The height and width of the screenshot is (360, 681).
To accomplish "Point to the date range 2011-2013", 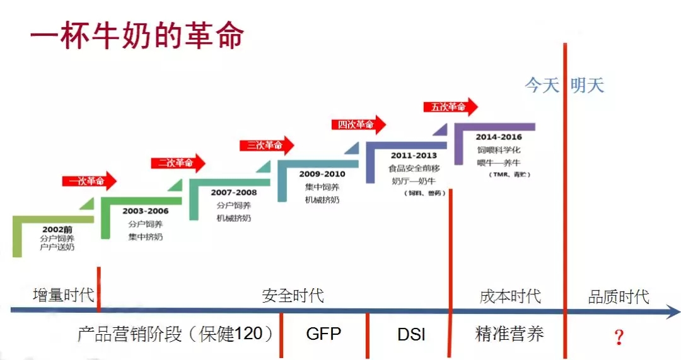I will pyautogui.click(x=413, y=154).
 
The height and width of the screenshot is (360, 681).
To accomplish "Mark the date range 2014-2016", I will pyautogui.click(x=499, y=137).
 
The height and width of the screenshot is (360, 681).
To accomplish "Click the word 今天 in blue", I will pyautogui.click(x=542, y=86).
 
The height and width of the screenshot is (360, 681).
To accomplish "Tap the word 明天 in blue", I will pyautogui.click(x=587, y=86).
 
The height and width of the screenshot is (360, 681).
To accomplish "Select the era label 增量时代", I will pyautogui.click(x=63, y=295).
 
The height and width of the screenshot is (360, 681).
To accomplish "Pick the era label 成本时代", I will pyautogui.click(x=510, y=296).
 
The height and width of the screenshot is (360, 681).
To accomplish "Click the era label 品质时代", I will pyautogui.click(x=618, y=296).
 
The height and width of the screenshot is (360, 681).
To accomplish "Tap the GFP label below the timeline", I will pyautogui.click(x=323, y=334).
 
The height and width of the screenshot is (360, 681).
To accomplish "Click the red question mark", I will pyautogui.click(x=619, y=337).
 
